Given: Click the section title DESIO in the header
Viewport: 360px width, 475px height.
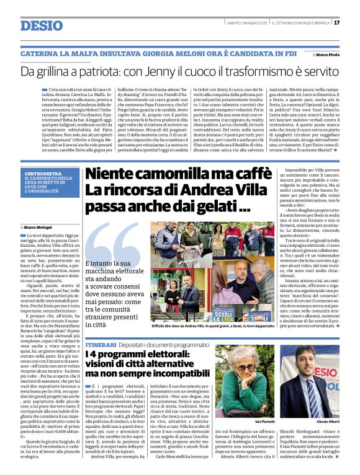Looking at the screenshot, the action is [x=42, y=25].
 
